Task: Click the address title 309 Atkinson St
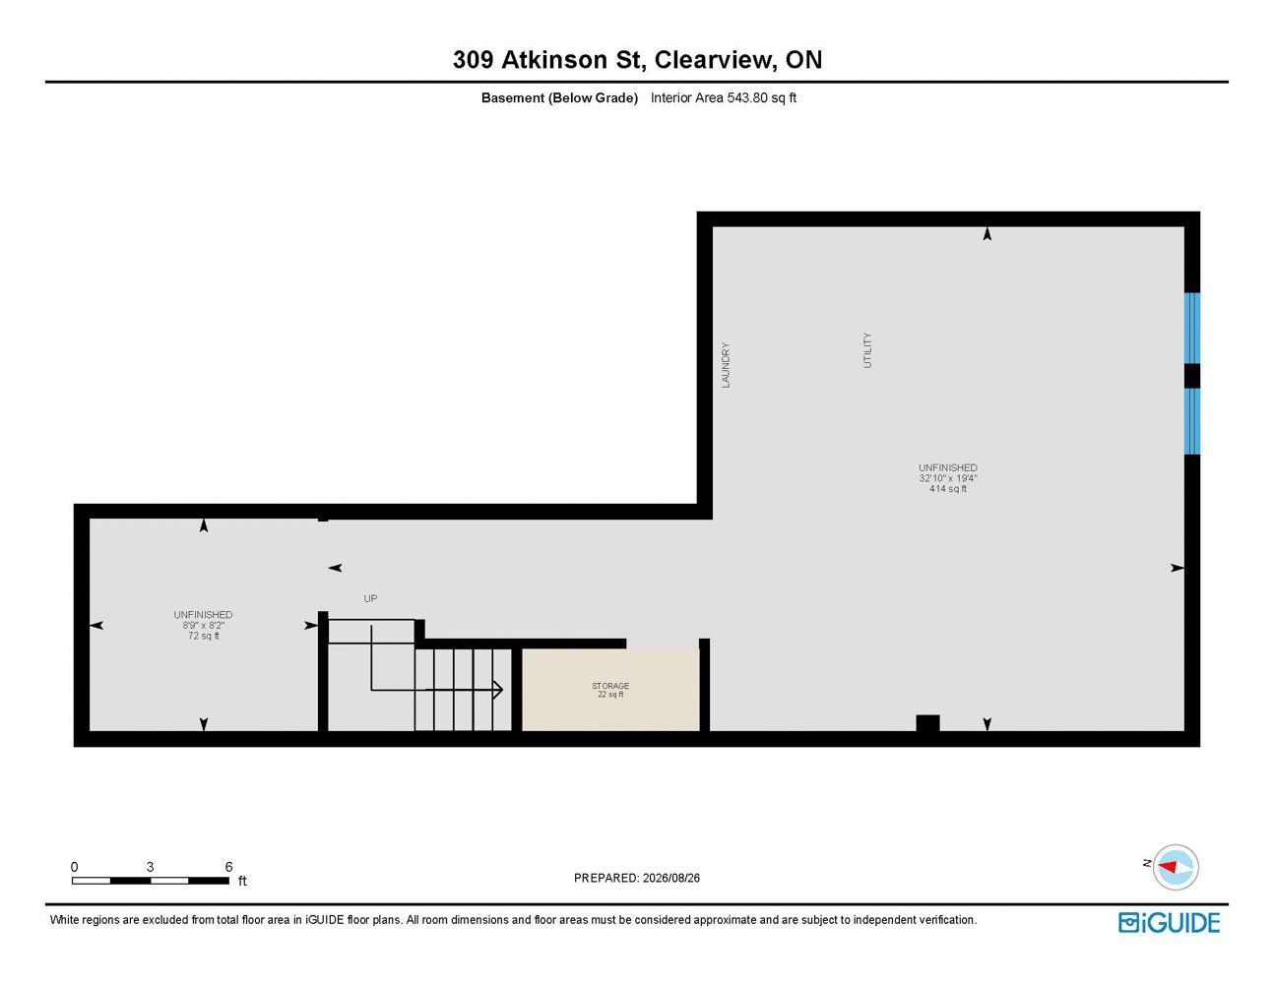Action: click(547, 60)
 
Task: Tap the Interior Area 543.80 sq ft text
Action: click(723, 97)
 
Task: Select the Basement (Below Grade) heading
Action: click(559, 97)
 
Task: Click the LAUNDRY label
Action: click(726, 365)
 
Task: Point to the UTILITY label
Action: click(867, 350)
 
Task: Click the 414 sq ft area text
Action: click(947, 488)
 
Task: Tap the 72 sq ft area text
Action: click(204, 636)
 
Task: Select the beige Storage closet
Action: click(610, 690)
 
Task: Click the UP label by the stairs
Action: click(370, 598)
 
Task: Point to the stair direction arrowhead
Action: click(498, 690)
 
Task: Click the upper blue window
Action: click(1192, 328)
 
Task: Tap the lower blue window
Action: click(1192, 421)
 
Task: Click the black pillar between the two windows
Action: click(1192, 376)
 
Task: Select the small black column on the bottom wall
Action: click(927, 723)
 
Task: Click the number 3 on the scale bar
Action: click(150, 866)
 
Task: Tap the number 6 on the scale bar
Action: click(228, 866)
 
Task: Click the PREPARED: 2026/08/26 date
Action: click(637, 878)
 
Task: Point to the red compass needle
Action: click(1168, 866)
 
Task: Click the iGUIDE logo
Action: click(1169, 923)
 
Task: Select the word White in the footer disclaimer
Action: click(64, 920)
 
